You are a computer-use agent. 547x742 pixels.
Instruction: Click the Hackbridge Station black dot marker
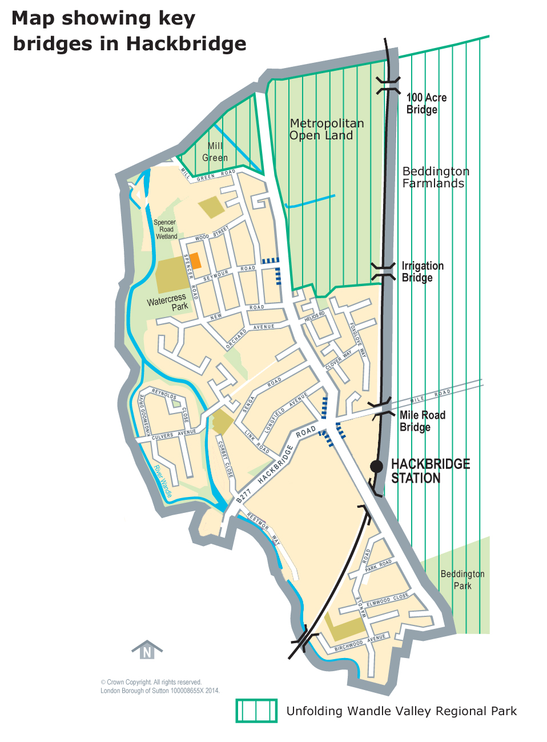click(x=376, y=466)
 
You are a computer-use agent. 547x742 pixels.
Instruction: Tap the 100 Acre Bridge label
click(x=426, y=103)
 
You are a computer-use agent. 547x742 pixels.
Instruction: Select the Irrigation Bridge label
click(x=422, y=272)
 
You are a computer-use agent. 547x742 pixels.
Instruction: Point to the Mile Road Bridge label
click(x=422, y=421)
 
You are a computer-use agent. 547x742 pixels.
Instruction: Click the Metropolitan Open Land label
click(x=326, y=129)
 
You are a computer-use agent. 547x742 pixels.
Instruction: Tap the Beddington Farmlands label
click(x=435, y=177)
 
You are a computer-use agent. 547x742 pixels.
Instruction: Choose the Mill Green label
click(x=215, y=152)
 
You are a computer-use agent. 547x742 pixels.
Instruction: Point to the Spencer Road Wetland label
click(x=166, y=229)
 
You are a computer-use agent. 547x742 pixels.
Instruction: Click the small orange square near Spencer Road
click(x=195, y=260)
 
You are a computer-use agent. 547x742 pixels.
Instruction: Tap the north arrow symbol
click(x=147, y=650)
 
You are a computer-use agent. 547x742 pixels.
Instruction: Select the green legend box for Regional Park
click(x=256, y=711)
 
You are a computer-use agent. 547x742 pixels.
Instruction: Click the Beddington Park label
click(x=462, y=580)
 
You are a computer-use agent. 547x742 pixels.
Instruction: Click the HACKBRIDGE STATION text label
click(x=430, y=471)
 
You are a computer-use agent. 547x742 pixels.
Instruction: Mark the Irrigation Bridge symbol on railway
click(x=383, y=271)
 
